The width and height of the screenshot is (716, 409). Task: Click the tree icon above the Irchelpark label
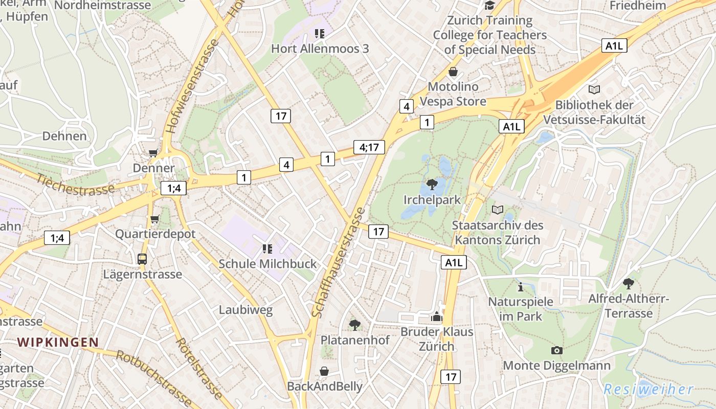tap(432, 184)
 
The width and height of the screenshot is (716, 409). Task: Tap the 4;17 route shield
tap(369, 148)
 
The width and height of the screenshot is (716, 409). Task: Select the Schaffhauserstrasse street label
tap(338, 262)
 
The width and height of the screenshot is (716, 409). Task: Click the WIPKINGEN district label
tap(58, 342)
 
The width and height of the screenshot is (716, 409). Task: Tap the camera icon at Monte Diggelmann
tap(557, 350)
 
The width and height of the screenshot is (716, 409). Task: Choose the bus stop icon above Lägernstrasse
tap(142, 259)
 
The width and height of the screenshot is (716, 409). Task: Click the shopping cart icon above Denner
tap(153, 153)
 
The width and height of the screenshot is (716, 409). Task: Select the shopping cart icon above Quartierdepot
tap(155, 219)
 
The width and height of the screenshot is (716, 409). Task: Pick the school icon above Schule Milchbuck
tap(267, 249)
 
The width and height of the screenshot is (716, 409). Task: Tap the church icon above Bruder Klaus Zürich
tap(436, 317)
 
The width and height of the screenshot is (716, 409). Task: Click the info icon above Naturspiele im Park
tap(520, 287)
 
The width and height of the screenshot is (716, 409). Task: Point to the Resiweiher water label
tap(648, 389)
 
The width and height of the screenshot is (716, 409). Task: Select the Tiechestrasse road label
tap(75, 184)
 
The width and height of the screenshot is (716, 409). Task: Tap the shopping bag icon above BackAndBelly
tap(324, 371)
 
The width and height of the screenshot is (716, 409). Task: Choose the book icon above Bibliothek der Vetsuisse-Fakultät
tap(594, 90)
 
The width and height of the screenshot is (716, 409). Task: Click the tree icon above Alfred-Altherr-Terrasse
tap(628, 283)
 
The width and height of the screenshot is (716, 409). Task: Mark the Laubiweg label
tap(245, 310)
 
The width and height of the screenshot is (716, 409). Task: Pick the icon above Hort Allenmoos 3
tap(320, 34)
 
